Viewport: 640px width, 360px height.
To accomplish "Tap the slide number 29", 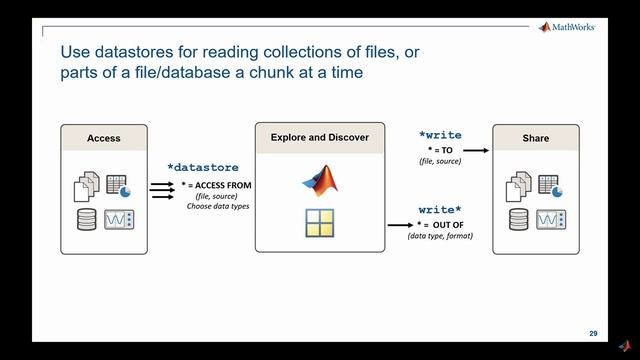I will coord(593,333).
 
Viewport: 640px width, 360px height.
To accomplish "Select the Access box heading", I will coord(104,138).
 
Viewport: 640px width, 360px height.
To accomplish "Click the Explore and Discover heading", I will coord(319,137).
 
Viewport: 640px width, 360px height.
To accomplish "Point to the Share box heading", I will coord(535,138).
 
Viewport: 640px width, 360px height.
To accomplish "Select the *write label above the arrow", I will coord(440,133).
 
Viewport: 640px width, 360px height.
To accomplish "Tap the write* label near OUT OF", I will coord(440,211).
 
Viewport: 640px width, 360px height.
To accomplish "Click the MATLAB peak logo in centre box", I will coord(320,180).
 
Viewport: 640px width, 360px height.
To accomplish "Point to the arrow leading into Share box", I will coord(475,150).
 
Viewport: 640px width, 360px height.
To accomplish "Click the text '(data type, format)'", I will coord(441,235).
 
